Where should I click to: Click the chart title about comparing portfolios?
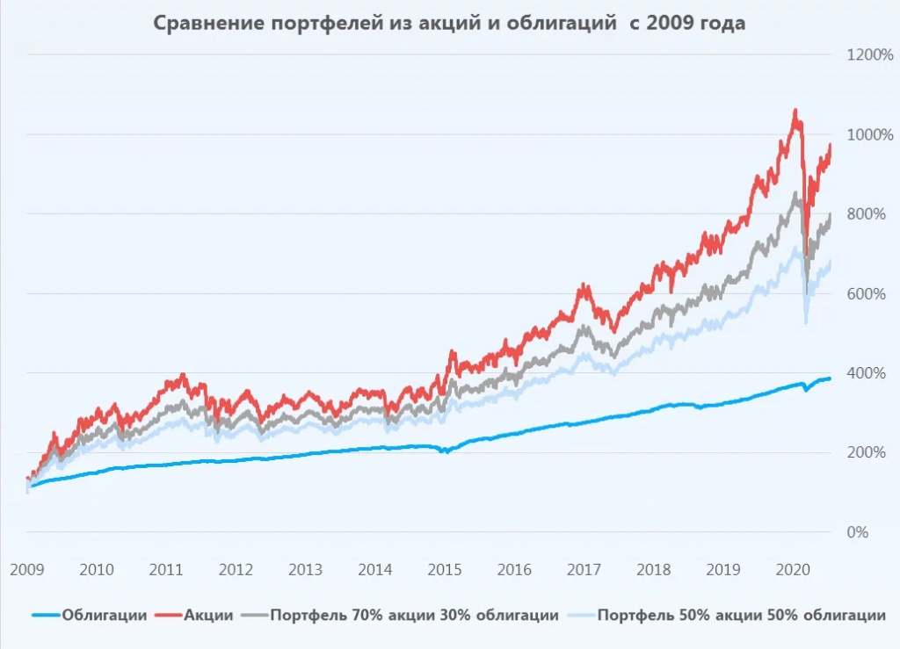tap(449, 24)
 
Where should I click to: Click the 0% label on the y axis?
tap(859, 532)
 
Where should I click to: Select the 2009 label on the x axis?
tap(27, 569)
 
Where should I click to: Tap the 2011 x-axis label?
tap(166, 569)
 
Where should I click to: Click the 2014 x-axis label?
tap(374, 569)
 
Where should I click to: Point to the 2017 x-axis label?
tap(583, 569)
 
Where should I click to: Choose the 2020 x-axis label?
tap(791, 569)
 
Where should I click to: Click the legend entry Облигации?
tap(104, 615)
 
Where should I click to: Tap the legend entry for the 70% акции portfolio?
tap(413, 615)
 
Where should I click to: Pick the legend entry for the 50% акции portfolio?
tap(741, 615)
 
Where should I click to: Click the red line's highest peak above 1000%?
tap(795, 112)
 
